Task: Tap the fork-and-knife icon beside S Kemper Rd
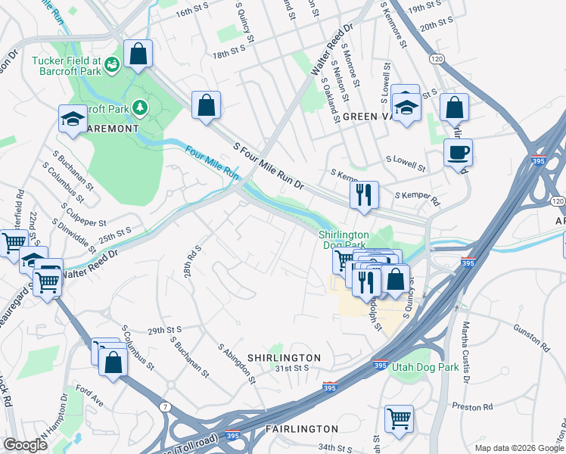pyautogui.click(x=364, y=194)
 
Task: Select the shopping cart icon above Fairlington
pyautogui.click(x=399, y=418)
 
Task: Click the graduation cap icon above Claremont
pyautogui.click(x=73, y=119)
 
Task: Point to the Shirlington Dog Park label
pyautogui.click(x=343, y=240)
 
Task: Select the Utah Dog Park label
pyautogui.click(x=424, y=367)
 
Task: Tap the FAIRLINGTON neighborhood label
pyautogui.click(x=302, y=429)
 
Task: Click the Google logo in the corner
pyautogui.click(x=26, y=444)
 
